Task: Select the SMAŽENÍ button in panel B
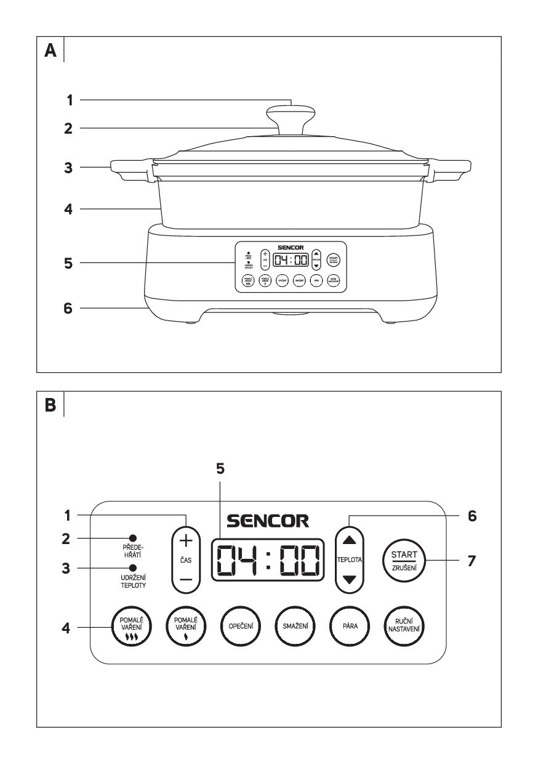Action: point(291,628)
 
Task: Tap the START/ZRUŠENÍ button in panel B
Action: point(403,561)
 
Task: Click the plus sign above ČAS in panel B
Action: point(185,540)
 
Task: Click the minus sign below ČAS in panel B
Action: point(185,580)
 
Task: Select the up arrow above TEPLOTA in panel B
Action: point(348,539)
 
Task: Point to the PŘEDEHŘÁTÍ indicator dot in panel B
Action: point(132,537)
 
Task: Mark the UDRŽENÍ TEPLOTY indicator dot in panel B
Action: point(132,568)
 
